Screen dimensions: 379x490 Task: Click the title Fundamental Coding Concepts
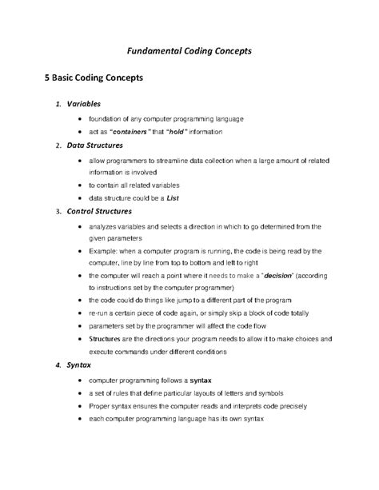tap(189, 50)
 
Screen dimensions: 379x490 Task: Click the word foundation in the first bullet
tap(107, 118)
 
